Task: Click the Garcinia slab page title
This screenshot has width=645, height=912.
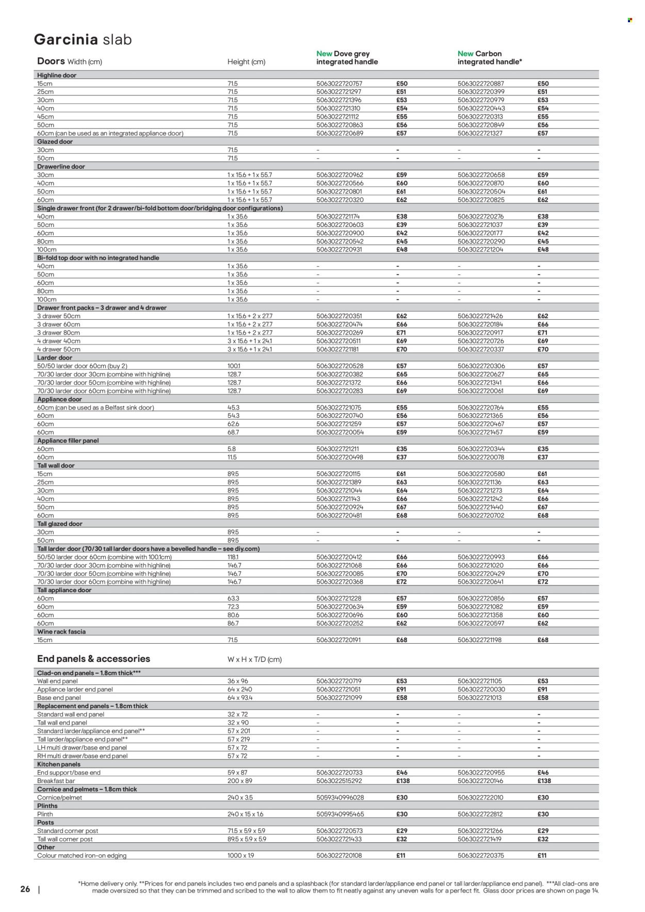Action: [83, 40]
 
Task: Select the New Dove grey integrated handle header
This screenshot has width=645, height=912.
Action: [347, 57]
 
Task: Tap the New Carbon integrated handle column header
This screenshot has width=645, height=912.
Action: [489, 57]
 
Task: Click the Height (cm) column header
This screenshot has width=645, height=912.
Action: [246, 62]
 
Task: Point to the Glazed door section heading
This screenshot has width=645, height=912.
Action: [55, 141]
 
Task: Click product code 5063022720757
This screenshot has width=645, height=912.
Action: [340, 84]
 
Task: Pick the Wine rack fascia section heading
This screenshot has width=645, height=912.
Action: [61, 631]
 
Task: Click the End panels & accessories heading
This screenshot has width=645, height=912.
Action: [93, 659]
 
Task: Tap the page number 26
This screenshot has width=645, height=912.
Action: [25, 889]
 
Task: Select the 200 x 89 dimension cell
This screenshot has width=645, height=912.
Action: [240, 781]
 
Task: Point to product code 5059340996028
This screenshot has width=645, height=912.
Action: [340, 797]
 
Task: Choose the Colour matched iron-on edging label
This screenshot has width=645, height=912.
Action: [82, 855]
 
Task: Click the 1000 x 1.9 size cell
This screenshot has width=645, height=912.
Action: [241, 855]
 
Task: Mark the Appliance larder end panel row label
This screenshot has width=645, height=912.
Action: [75, 689]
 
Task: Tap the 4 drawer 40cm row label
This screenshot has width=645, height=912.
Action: [58, 341]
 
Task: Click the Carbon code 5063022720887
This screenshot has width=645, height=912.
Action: [481, 84]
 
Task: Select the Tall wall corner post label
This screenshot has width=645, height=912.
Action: [65, 839]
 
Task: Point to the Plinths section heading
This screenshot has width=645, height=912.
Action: [47, 806]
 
